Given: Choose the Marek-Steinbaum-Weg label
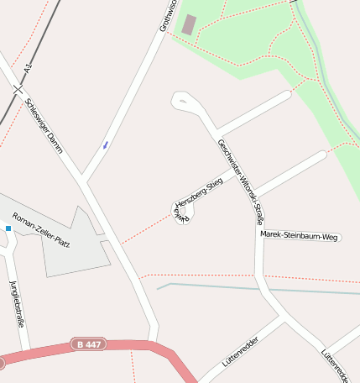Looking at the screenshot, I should (300, 237).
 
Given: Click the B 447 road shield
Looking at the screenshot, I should (88, 344).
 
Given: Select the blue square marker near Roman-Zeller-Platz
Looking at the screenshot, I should (8, 228).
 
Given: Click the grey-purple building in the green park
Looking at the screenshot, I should (190, 25).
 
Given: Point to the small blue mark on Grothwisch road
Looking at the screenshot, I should (106, 144).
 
